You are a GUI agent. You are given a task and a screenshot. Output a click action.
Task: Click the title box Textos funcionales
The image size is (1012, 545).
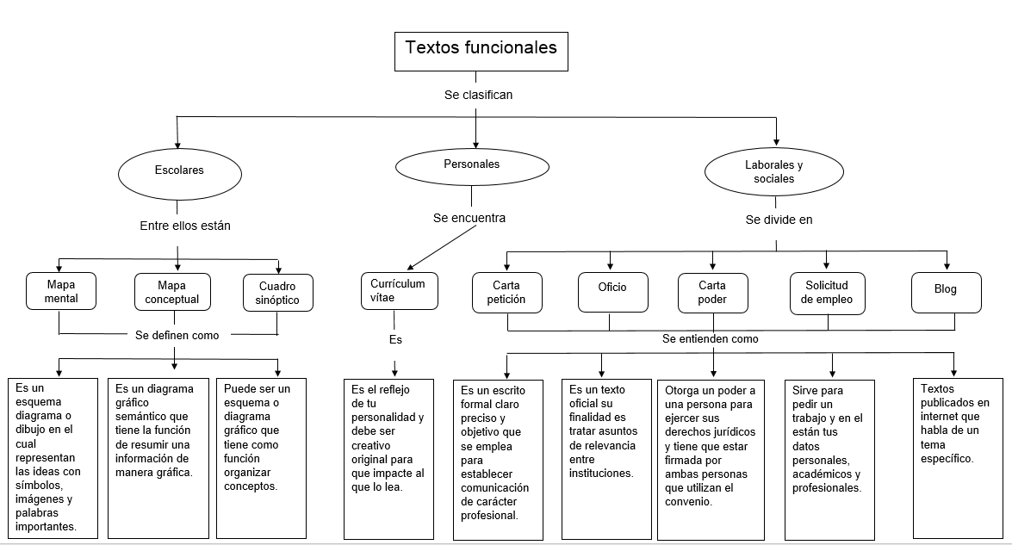coord(481,51)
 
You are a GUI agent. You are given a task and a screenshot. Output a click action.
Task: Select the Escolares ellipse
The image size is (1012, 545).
coord(178,170)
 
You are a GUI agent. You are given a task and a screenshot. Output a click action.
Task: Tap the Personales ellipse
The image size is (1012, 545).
coord(471,164)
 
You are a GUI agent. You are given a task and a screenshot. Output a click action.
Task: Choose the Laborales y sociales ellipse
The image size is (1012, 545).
coord(773,172)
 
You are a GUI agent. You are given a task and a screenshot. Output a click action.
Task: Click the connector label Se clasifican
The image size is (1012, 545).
coord(478,95)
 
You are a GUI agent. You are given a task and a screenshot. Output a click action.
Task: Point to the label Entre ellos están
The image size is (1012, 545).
coord(185,226)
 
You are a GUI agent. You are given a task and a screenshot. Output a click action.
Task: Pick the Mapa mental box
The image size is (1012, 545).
coord(61,292)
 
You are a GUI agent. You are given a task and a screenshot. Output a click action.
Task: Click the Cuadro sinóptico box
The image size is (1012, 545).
coord(277,293)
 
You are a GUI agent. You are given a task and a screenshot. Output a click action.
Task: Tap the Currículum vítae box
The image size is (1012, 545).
coord(398,289)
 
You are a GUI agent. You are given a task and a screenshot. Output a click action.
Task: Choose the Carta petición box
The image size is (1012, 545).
coord(506,292)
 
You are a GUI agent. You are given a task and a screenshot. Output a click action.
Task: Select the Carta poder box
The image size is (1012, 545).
coord(712,292)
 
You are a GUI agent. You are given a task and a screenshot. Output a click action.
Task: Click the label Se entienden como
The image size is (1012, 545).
coord(710,339)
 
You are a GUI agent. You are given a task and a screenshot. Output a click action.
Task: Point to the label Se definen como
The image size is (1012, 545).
coord(177,335)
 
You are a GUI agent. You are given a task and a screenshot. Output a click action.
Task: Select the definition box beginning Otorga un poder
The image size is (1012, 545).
coord(711,458)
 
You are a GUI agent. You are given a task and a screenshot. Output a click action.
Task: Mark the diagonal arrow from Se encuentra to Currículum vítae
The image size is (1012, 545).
coord(443,249)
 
